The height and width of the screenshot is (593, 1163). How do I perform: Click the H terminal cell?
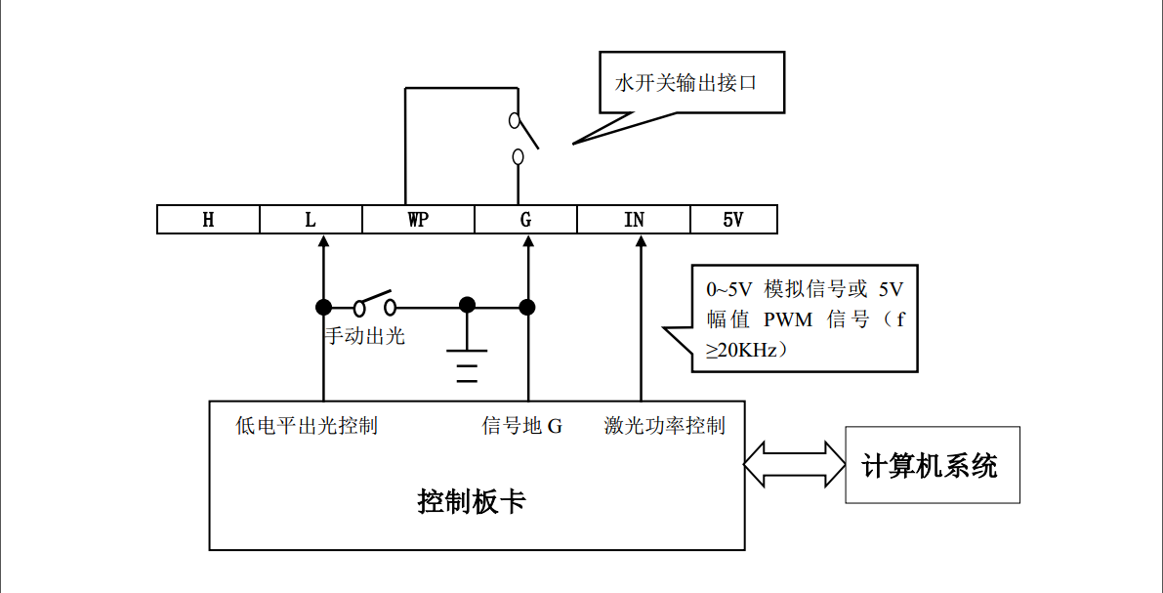point(208,220)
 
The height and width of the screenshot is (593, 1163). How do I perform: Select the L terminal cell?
point(311,220)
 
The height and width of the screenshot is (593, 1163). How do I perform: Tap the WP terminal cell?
point(418,220)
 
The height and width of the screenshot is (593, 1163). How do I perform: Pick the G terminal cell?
point(525,220)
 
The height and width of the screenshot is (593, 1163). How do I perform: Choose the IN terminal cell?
point(634,220)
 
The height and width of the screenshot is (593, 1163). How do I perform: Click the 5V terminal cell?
point(733,220)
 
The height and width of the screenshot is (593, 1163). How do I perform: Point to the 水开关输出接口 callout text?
point(685,83)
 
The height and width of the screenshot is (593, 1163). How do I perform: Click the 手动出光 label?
point(364,337)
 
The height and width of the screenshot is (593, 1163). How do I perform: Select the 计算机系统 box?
point(932,465)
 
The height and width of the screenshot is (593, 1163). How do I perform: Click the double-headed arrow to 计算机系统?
point(794,464)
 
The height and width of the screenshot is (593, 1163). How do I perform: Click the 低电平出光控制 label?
point(307,426)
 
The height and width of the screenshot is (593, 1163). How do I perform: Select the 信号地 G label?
point(522,426)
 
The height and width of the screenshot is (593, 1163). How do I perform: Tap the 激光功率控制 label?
point(664,426)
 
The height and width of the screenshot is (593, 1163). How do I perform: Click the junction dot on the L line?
point(322,307)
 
